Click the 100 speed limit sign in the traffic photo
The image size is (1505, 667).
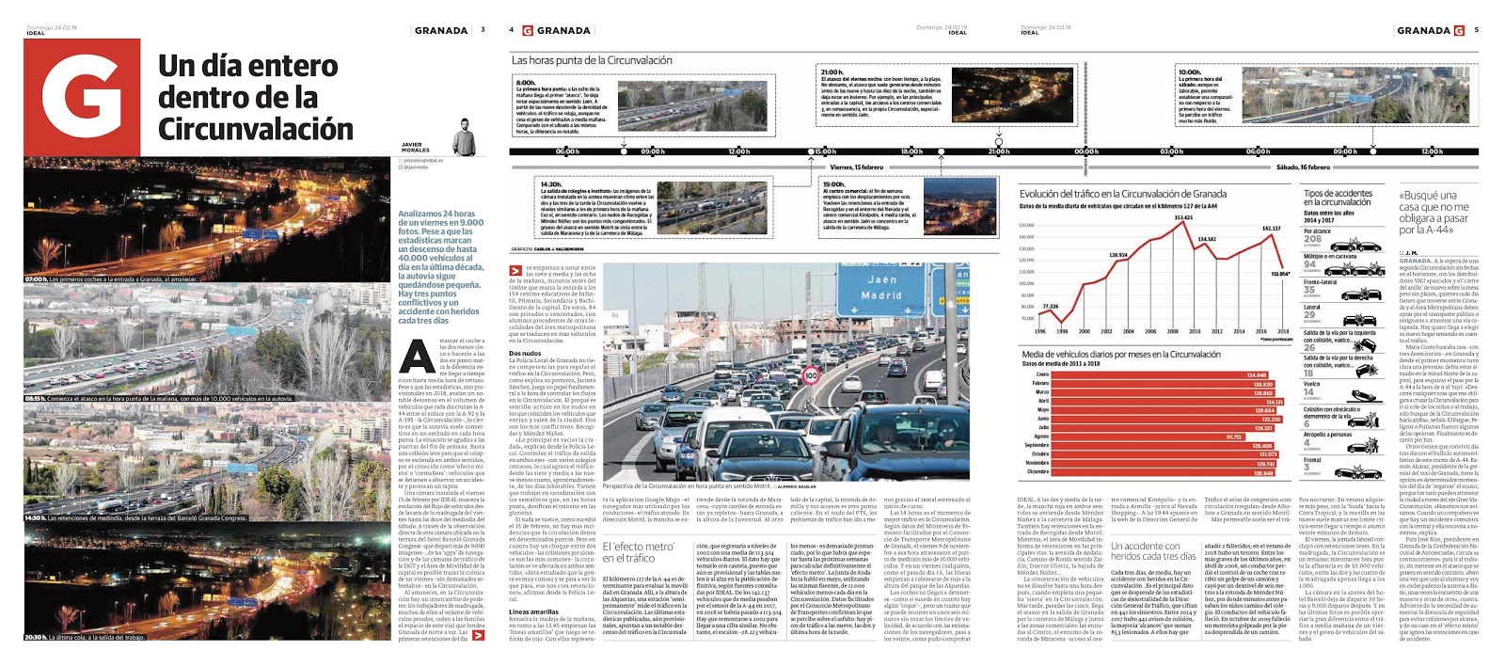click(811, 375)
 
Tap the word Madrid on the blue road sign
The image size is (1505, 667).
click(881, 295)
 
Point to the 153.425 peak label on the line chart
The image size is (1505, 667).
click(1182, 218)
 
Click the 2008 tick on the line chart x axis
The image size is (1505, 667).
click(1173, 331)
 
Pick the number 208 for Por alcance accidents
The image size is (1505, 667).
click(1312, 239)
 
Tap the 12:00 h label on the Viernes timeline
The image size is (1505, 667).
click(739, 151)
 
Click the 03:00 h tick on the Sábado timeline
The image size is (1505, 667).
click(1171, 151)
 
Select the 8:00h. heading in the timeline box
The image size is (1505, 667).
click(526, 83)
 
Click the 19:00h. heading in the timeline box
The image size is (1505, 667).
click(833, 184)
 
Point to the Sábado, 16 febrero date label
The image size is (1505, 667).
click(1303, 167)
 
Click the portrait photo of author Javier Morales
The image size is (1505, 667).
click(462, 137)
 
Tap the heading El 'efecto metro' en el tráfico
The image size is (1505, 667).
click(639, 551)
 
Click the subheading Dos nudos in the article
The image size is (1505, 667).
click(525, 353)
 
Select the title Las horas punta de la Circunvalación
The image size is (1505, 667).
click(592, 60)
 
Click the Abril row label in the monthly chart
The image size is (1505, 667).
click(1042, 402)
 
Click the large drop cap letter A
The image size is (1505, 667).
click(417, 357)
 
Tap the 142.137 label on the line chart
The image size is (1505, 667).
click(1271, 229)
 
